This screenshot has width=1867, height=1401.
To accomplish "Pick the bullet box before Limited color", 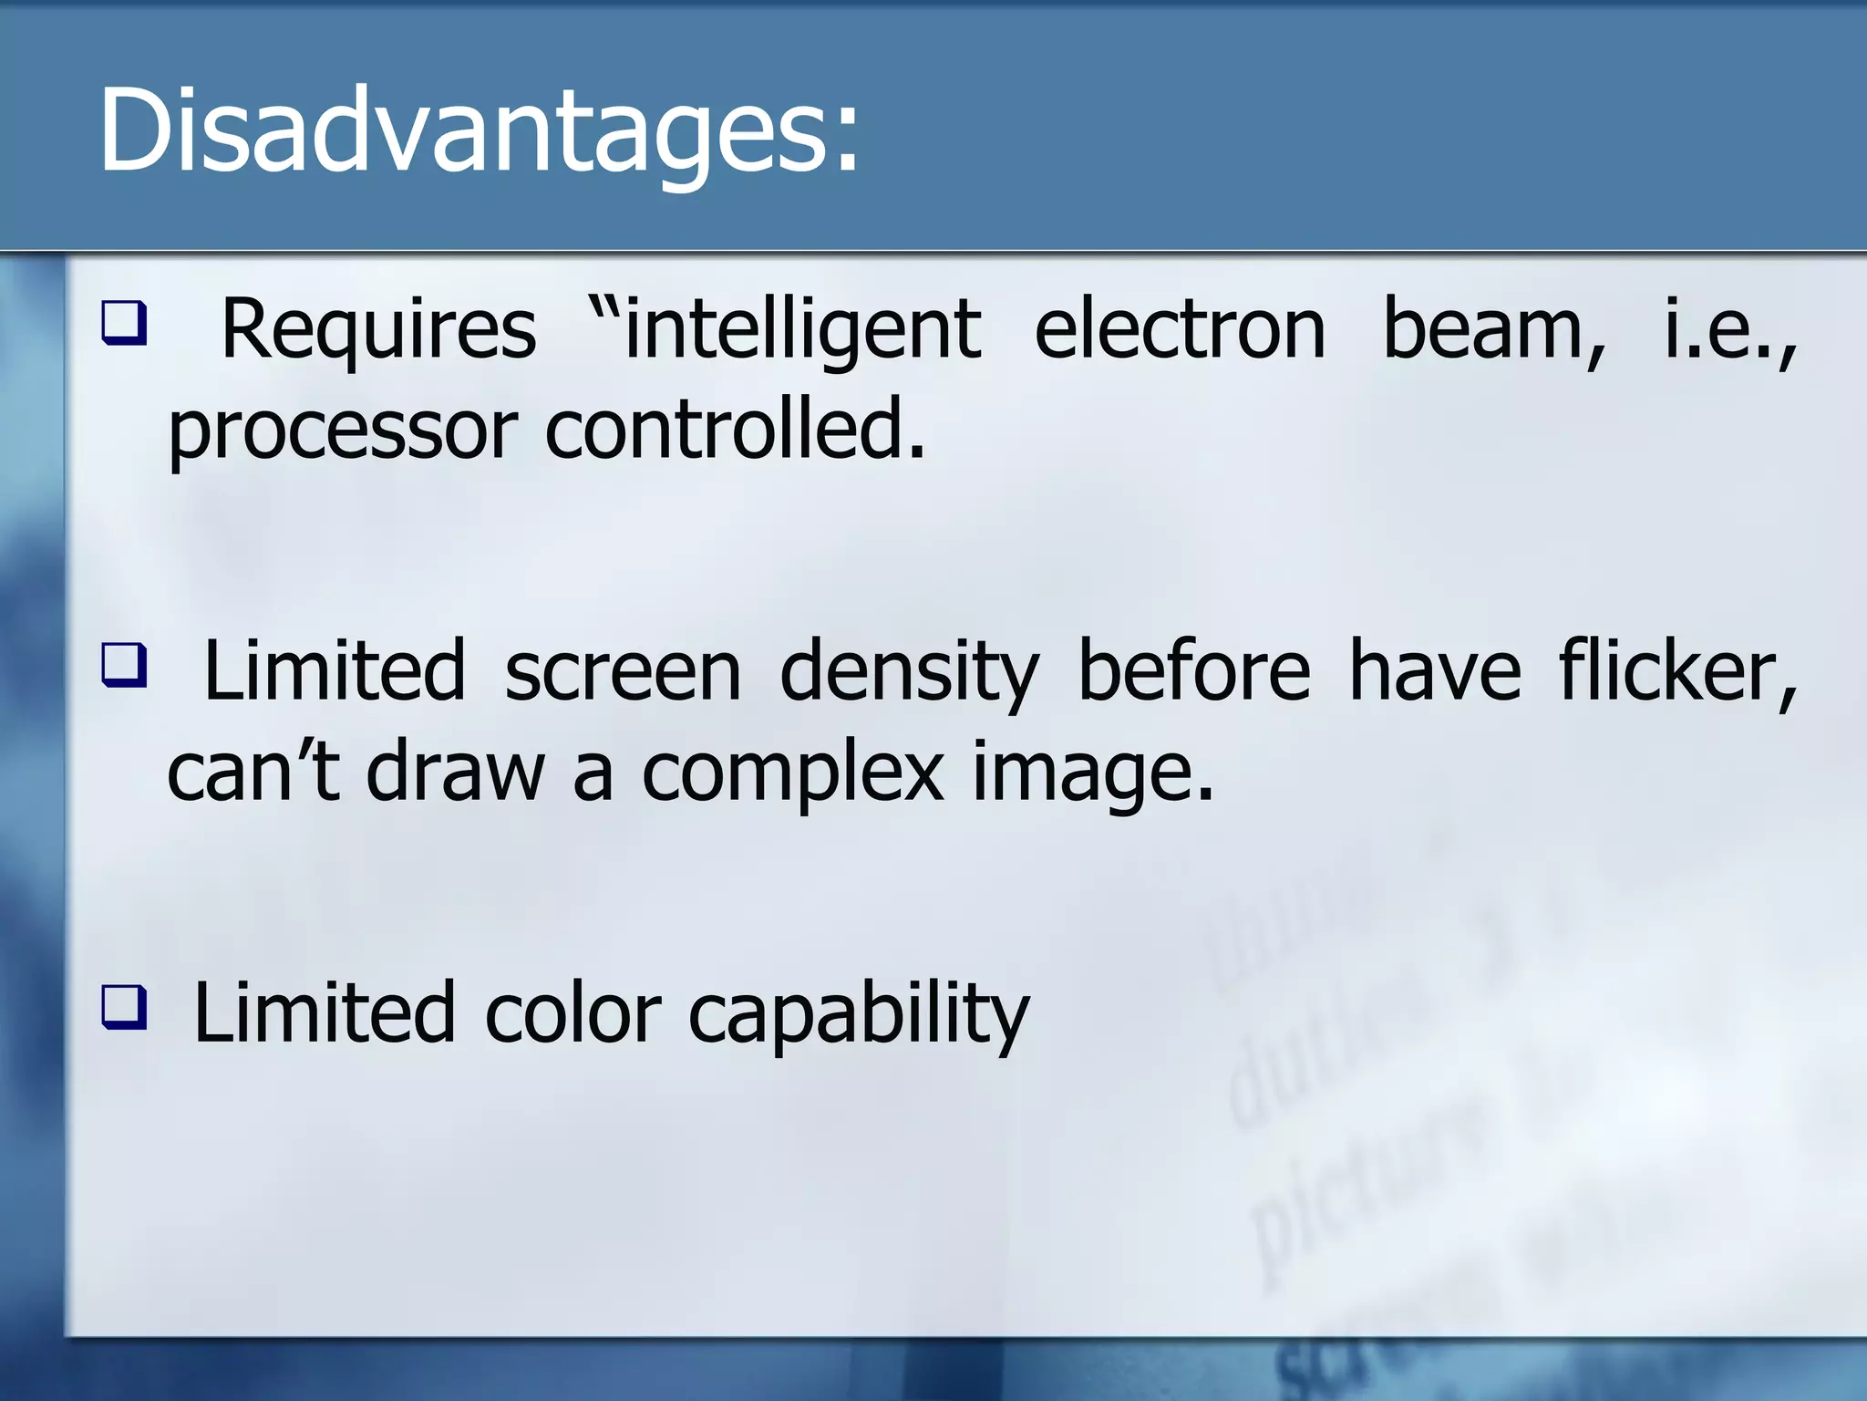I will (123, 1006).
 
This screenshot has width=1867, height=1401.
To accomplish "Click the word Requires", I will (378, 330).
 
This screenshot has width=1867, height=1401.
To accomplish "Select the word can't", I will (253, 773).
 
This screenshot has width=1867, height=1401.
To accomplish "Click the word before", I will (1193, 672).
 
